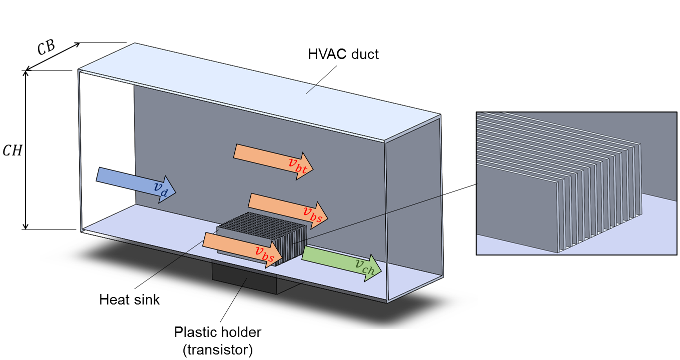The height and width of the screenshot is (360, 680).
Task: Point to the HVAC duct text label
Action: pyautogui.click(x=343, y=54)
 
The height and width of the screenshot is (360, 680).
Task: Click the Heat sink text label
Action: pyautogui.click(x=129, y=299)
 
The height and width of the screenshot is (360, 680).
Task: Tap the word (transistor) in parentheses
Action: pyautogui.click(x=218, y=349)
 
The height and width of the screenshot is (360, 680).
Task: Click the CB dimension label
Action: pyautogui.click(x=46, y=47)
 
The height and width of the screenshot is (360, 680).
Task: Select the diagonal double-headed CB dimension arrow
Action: pyautogui.click(x=53, y=56)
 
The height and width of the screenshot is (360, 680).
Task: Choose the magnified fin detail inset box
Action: pyautogui.click(x=577, y=183)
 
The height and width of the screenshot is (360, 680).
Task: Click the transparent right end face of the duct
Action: pyautogui.click(x=414, y=210)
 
